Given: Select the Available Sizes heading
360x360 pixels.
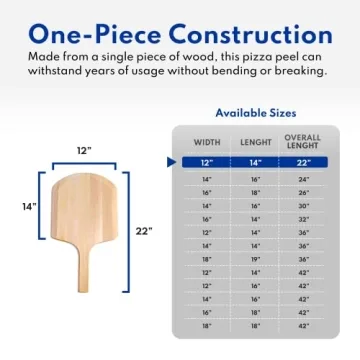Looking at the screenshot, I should point(255,113).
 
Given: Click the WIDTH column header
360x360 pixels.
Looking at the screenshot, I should point(207,142).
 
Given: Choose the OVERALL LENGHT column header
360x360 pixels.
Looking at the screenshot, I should point(303,142).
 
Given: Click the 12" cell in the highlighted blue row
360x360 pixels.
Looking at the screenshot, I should point(207,162).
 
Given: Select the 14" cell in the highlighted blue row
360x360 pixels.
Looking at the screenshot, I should point(255,162).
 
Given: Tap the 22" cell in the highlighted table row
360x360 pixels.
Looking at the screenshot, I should point(303,162).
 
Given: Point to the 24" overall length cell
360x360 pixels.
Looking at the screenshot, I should point(303,177).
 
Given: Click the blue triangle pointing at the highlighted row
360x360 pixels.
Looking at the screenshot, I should point(169,162).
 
